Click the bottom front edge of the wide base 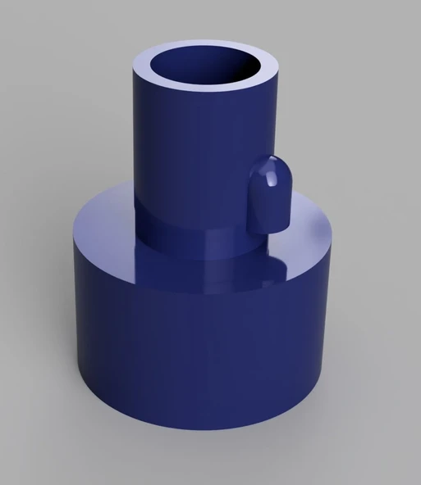205,432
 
